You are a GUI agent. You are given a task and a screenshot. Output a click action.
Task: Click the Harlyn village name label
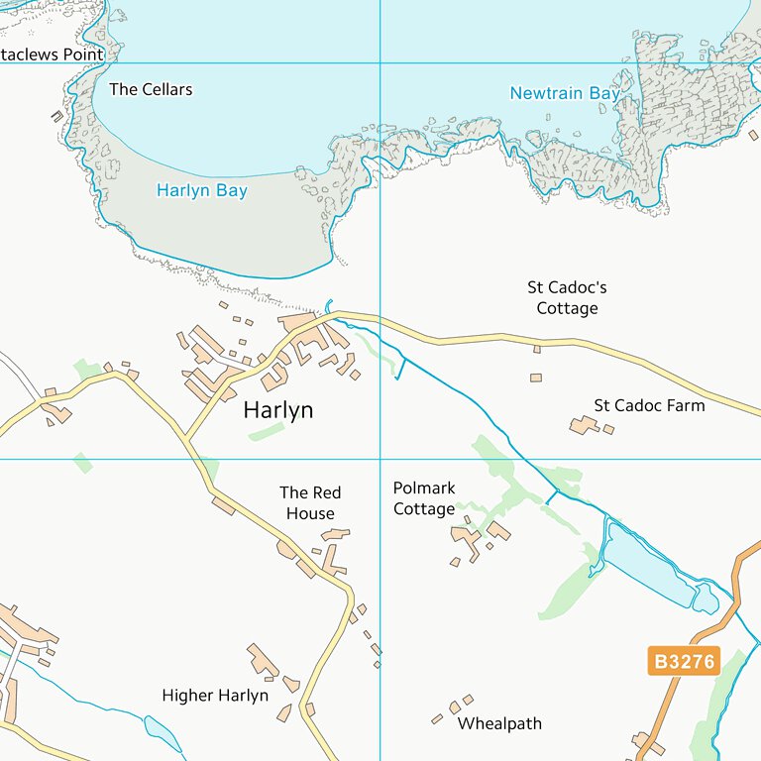[278, 410]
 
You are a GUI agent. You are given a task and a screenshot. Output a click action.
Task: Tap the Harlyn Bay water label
[202, 190]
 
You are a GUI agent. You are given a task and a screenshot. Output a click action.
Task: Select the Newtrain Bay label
[565, 93]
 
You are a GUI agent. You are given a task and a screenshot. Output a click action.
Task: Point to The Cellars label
[151, 89]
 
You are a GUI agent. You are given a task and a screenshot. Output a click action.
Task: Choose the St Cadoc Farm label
[649, 405]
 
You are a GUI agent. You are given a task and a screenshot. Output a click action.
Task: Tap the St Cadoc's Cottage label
[567, 297]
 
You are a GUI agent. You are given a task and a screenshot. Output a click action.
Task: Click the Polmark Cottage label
[424, 498]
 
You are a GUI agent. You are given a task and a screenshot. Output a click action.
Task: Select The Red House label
[310, 502]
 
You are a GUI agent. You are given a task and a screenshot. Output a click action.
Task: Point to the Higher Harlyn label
[215, 696]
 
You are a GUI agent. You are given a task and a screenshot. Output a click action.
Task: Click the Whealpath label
[499, 724]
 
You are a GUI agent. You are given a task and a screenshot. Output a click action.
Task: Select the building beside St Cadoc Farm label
[584, 425]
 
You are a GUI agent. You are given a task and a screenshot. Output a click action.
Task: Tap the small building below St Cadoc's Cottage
[536, 378]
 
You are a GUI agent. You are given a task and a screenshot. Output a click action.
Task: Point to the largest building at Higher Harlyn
[263, 661]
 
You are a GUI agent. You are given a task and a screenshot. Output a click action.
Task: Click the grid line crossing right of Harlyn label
[380, 459]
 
